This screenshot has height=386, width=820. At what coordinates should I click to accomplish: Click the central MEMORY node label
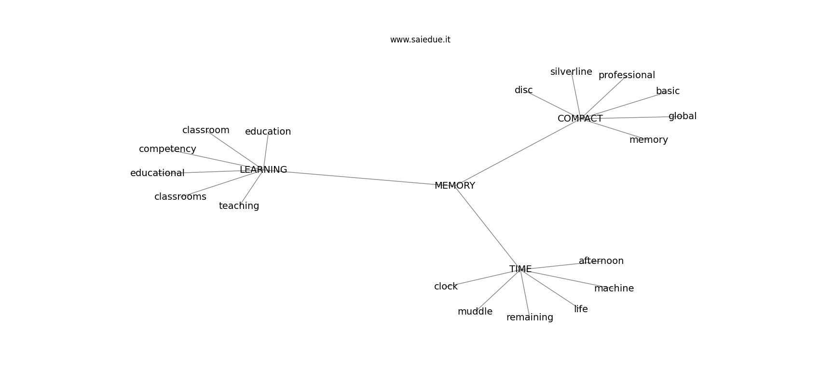455,186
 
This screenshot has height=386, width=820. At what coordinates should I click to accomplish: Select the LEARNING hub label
263,169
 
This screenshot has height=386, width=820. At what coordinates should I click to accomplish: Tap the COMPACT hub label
580,119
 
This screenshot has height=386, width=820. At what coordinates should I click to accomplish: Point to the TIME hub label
520,269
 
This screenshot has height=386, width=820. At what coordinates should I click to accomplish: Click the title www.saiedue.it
420,40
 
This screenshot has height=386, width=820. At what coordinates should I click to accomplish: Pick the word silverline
571,72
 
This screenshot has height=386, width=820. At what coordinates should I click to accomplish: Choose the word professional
627,75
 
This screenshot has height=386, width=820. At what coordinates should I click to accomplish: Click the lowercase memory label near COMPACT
649,140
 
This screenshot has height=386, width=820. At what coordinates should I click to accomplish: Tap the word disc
523,90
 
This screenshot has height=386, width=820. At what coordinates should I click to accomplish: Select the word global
683,116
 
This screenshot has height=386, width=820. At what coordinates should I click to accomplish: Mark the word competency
167,149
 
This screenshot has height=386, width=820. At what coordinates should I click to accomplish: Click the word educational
157,173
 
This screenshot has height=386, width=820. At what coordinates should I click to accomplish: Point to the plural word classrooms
180,197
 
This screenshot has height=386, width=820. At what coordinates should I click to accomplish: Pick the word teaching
239,206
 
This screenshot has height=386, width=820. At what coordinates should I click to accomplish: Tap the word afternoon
601,261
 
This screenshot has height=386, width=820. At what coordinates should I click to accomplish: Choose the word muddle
475,311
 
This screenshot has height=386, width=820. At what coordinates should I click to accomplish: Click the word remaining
530,317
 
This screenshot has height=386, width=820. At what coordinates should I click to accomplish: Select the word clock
446,287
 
